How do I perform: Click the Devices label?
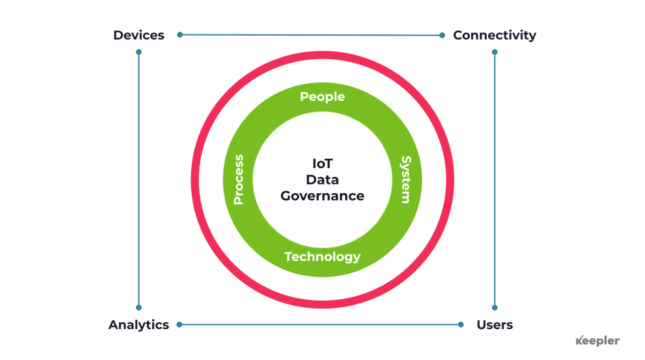138,35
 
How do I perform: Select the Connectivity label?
494,35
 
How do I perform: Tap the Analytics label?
138,324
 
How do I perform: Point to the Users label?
494,324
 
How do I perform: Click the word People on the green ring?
322,97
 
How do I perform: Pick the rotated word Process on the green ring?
238,179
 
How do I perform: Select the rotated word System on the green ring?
407,179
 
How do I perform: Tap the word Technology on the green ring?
322,256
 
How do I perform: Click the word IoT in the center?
322,162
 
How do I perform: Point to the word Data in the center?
322,179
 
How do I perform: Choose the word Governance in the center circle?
322,196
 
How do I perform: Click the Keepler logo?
598,341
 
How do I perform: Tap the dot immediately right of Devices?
180,34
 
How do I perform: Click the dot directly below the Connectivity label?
495,51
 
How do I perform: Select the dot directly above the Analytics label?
138,307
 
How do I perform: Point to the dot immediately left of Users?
461,324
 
